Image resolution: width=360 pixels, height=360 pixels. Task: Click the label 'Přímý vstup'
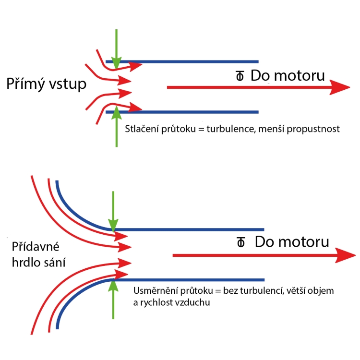pyautogui.click(x=46, y=84)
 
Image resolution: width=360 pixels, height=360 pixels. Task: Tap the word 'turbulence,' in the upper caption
pyautogui.click(x=231, y=129)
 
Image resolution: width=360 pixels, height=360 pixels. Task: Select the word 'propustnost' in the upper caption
pyautogui.click(x=313, y=129)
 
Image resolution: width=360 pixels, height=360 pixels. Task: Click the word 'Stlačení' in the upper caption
pyautogui.click(x=142, y=129)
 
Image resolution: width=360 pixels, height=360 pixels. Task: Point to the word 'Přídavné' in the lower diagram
pyautogui.click(x=36, y=247)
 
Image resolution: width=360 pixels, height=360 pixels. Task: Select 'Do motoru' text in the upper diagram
pyautogui.click(x=288, y=75)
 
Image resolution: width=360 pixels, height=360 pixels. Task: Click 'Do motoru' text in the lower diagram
pyautogui.click(x=292, y=242)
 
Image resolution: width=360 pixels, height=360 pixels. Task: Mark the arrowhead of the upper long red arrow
pyautogui.click(x=340, y=87)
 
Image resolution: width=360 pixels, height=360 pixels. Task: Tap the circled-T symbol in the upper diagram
pyautogui.click(x=240, y=76)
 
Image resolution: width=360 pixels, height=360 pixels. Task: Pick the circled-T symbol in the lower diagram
pyautogui.click(x=240, y=242)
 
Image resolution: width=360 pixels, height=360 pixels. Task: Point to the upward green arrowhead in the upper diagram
pyautogui.click(x=117, y=112)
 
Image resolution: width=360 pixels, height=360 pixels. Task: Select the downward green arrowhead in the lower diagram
pyautogui.click(x=113, y=225)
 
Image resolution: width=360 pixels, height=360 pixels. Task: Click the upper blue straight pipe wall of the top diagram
pyautogui.click(x=182, y=61)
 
